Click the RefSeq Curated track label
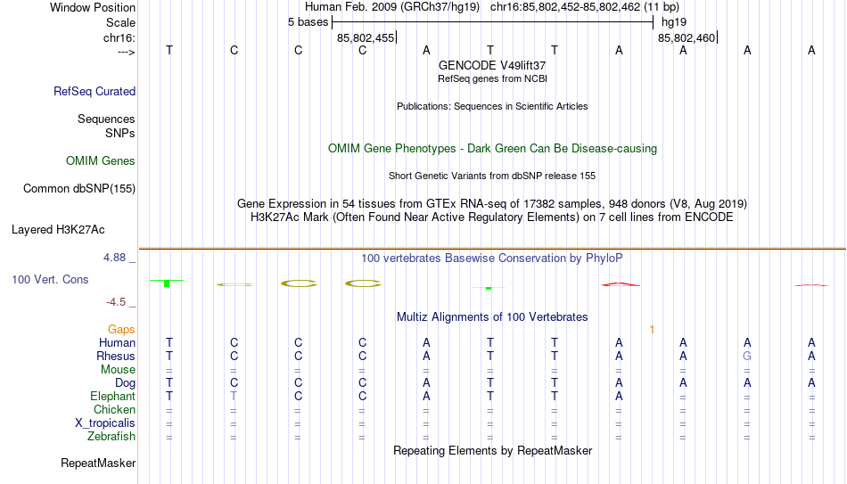(x=95, y=91)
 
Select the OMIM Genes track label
(x=101, y=161)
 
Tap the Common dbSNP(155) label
(x=79, y=189)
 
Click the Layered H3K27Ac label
(x=58, y=230)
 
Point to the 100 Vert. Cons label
(x=50, y=279)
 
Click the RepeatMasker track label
(x=98, y=463)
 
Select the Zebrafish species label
(x=111, y=436)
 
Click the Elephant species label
(x=113, y=396)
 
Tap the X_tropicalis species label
(x=105, y=423)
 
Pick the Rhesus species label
(x=116, y=356)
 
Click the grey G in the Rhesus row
(x=747, y=356)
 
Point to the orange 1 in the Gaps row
(x=652, y=330)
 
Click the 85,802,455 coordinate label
(x=366, y=38)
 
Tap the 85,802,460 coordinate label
(x=687, y=38)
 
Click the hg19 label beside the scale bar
(x=674, y=22)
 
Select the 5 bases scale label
(x=308, y=22)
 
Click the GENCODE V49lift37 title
(x=492, y=65)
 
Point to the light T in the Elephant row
(x=234, y=396)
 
